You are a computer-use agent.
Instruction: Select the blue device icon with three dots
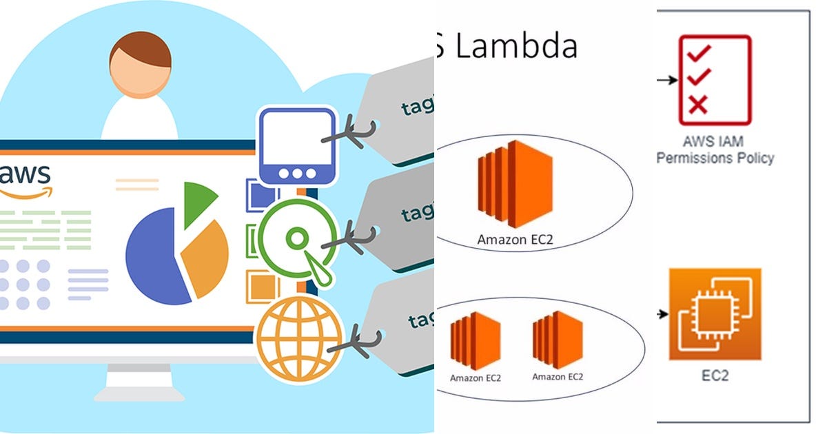pyautogui.click(x=297, y=144)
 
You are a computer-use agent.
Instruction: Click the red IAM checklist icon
pyautogui.click(x=714, y=80)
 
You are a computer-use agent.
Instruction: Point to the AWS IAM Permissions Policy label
pyautogui.click(x=715, y=150)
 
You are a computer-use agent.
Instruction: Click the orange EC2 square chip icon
pyautogui.click(x=715, y=314)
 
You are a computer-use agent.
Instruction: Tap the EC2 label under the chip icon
pyautogui.click(x=714, y=376)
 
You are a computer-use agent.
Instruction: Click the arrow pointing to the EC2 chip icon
pyautogui.click(x=662, y=314)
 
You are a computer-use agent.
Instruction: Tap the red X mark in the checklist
pyautogui.click(x=697, y=105)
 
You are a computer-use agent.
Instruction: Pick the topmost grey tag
pyautogui.click(x=407, y=110)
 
